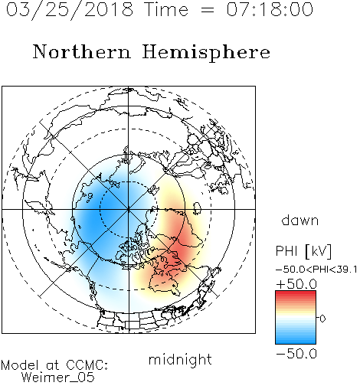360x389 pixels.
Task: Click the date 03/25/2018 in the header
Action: [70, 10]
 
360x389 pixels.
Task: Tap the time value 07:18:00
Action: [270, 9]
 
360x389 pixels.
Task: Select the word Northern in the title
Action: [82, 52]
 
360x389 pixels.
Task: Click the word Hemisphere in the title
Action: [206, 53]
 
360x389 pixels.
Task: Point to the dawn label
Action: [300, 220]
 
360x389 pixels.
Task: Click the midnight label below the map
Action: [180, 360]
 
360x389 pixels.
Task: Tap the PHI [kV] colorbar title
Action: [304, 251]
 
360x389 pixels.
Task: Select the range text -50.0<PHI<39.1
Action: [316, 270]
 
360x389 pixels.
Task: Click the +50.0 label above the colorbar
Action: [296, 284]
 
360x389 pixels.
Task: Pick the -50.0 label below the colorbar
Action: [296, 354]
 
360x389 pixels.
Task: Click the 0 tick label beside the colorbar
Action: [322, 319]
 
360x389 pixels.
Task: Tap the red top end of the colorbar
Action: [296, 293]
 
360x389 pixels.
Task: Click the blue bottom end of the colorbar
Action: [296, 342]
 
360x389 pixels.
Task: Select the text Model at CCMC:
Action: [54, 365]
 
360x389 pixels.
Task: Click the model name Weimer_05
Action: [58, 378]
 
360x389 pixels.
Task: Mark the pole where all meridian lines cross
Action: [129, 209]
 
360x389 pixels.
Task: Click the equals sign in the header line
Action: [208, 10]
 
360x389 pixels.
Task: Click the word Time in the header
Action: [166, 9]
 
